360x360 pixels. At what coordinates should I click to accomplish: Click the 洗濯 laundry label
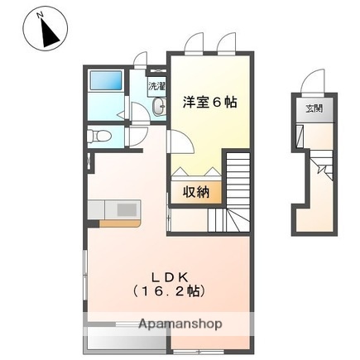click(x=156, y=85)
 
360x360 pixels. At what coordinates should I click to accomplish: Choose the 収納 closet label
click(x=197, y=191)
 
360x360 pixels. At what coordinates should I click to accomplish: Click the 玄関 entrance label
click(x=314, y=108)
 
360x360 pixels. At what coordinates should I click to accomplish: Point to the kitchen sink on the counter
click(x=126, y=210)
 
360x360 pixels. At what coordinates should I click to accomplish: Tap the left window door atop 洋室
click(x=195, y=43)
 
